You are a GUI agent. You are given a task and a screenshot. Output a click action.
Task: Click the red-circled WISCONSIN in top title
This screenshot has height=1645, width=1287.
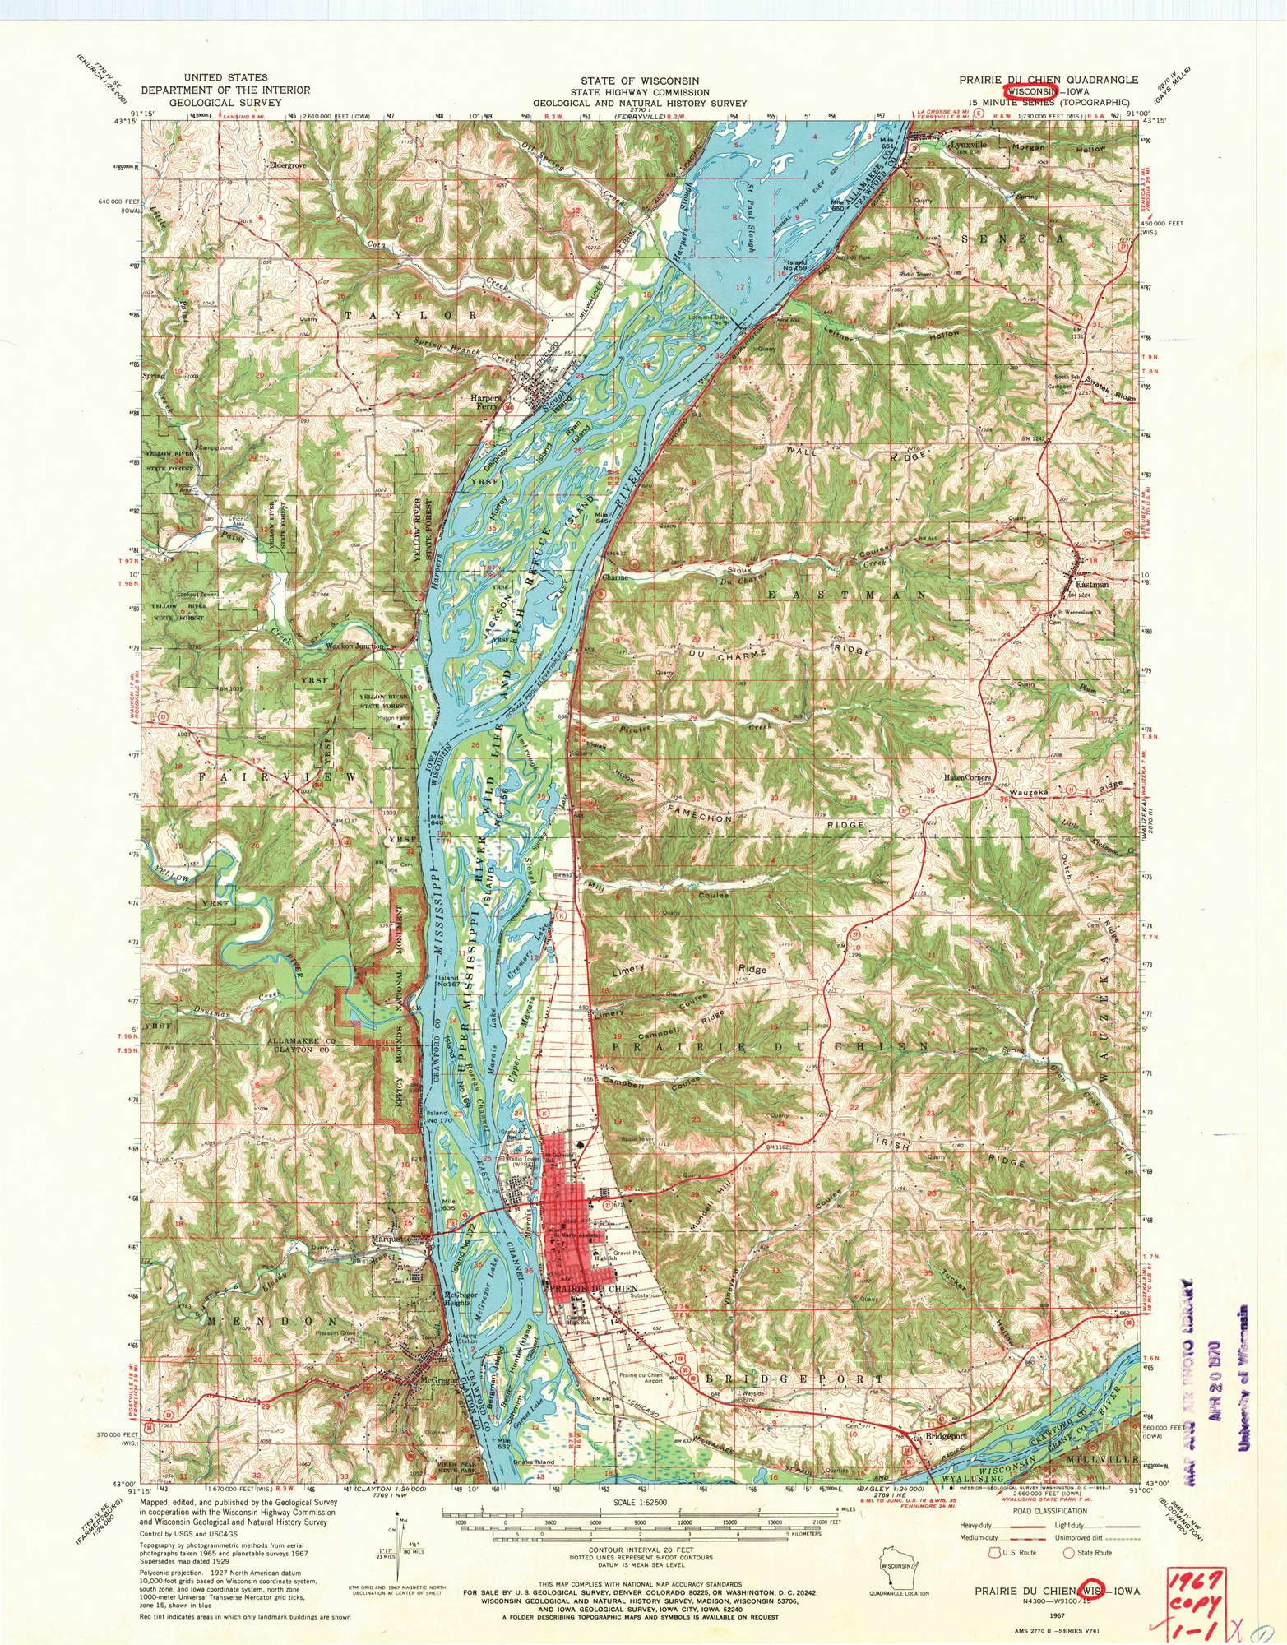click(x=1027, y=91)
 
